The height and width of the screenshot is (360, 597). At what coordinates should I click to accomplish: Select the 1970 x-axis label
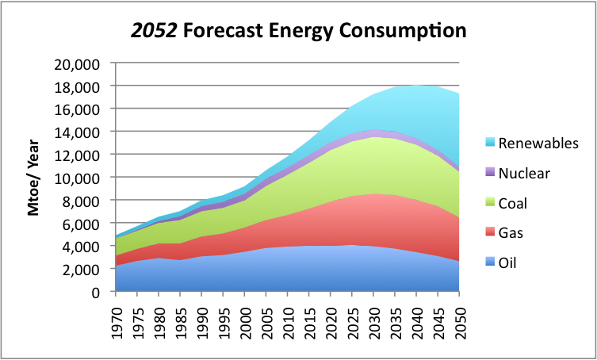(x=117, y=315)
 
